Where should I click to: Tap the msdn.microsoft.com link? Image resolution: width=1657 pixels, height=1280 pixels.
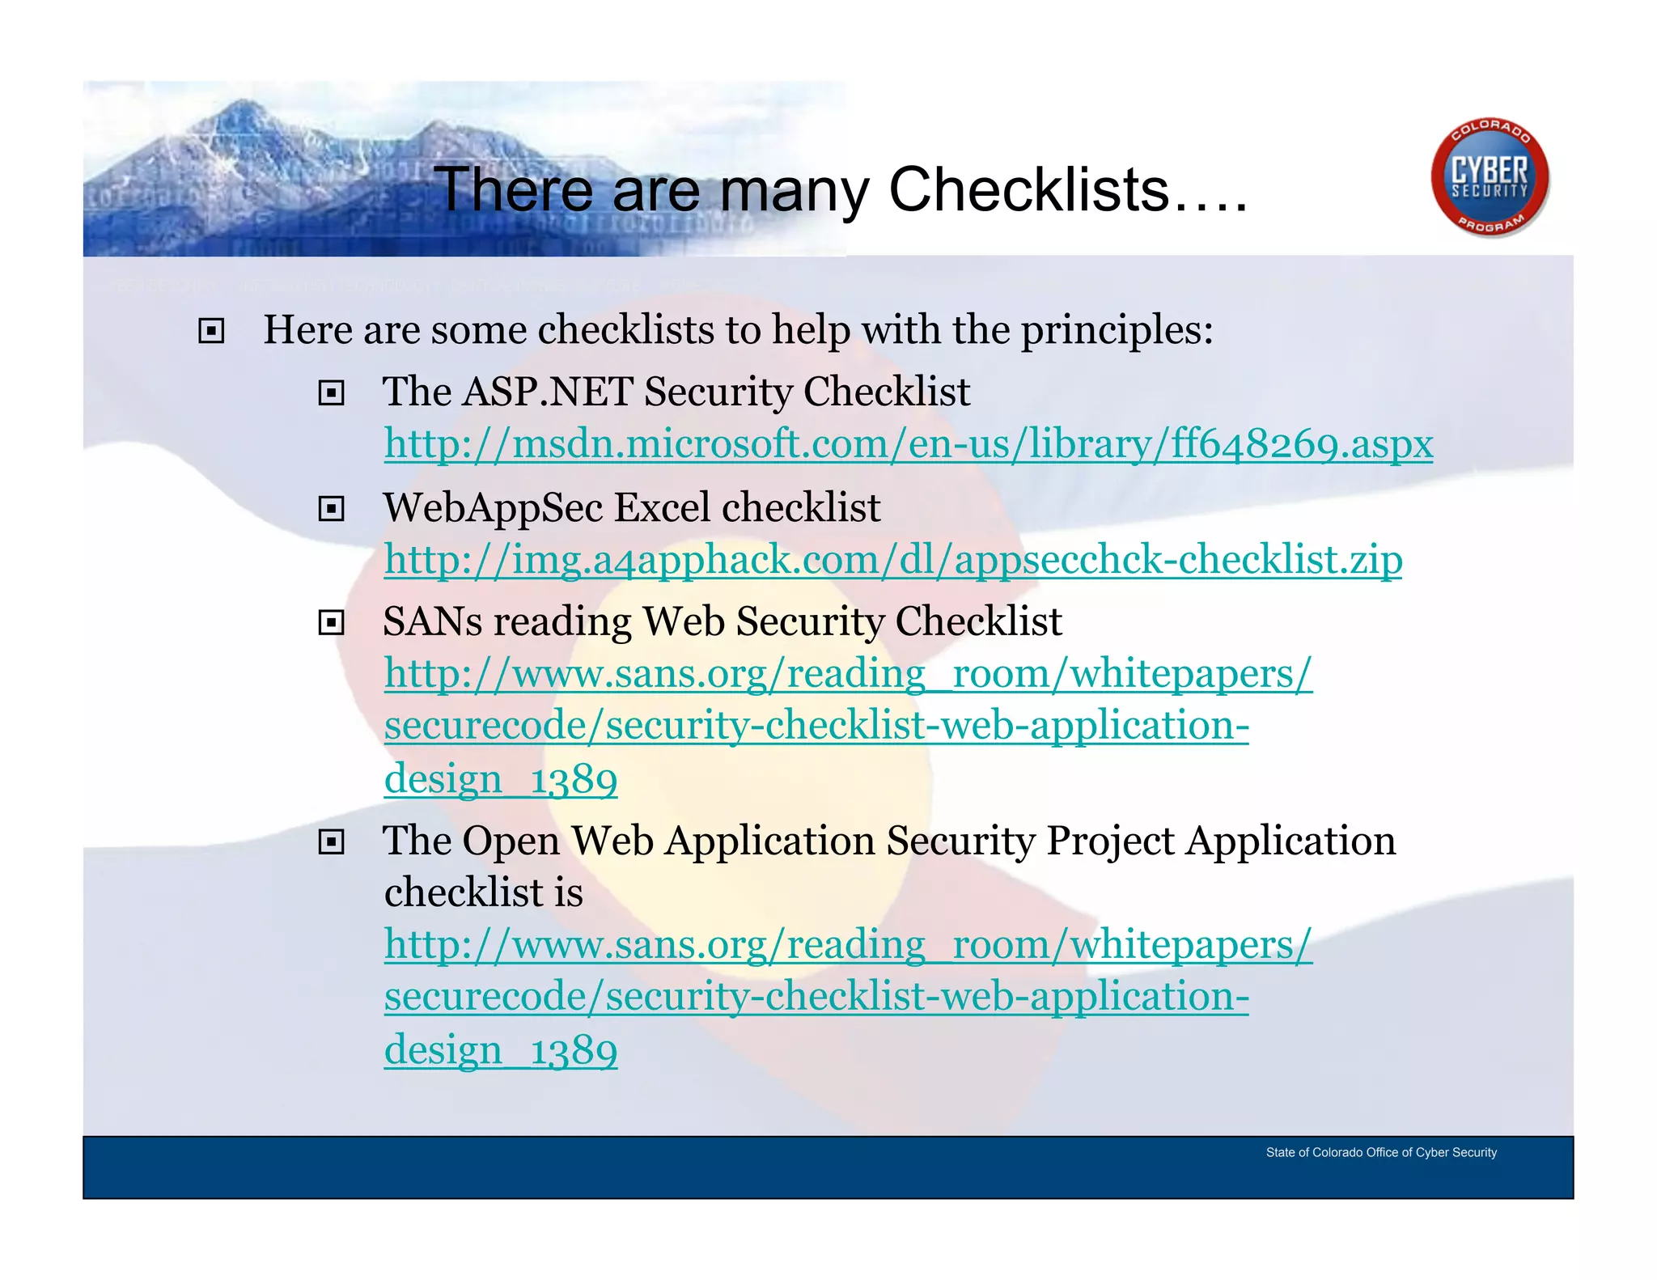[908, 444]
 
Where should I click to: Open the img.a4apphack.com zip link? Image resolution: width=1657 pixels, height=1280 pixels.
[892, 560]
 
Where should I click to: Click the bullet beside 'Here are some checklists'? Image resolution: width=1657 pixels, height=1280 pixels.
[211, 331]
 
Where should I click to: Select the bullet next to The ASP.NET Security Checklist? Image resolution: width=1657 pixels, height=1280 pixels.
[331, 393]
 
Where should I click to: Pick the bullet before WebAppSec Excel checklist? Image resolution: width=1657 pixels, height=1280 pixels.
[331, 509]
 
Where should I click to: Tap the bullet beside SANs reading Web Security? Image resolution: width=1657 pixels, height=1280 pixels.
[331, 623]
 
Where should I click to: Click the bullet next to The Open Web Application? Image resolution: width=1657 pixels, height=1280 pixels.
[331, 842]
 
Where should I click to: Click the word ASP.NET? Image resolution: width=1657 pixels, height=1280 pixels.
[548, 392]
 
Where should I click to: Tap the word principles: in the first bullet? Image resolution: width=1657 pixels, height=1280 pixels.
[1117, 330]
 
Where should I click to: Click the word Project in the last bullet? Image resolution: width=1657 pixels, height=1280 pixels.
[1110, 841]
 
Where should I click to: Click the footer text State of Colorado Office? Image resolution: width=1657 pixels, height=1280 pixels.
[1380, 1152]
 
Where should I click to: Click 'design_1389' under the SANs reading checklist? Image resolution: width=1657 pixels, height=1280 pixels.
[500, 779]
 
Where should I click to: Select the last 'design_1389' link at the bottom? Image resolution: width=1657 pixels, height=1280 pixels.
[500, 1050]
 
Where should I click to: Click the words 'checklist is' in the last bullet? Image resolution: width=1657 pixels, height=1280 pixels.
[483, 893]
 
